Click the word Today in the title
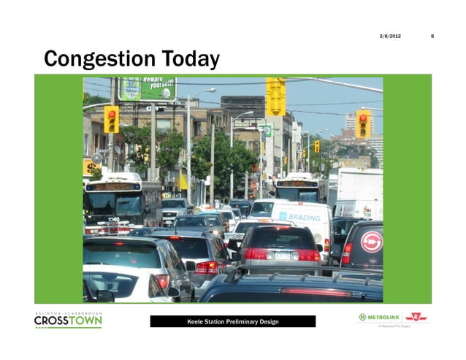tap(189, 58)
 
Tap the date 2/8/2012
tap(390, 36)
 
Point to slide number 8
tap(432, 36)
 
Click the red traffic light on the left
tap(111, 118)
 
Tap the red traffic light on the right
tap(363, 123)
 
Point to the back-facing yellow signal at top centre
tap(275, 96)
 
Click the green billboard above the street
tap(148, 88)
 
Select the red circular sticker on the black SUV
tap(371, 242)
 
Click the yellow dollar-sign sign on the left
tap(89, 167)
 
